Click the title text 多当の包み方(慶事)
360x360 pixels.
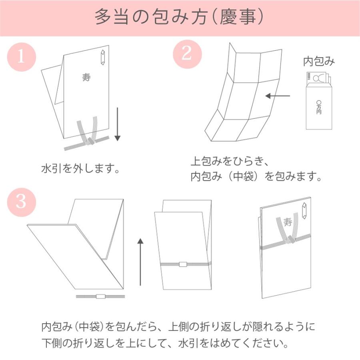(x=179, y=18)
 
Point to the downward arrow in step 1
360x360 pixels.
(x=117, y=124)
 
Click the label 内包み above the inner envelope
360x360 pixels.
(x=319, y=61)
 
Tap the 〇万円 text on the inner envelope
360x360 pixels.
(x=318, y=107)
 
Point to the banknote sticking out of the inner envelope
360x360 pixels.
(x=316, y=78)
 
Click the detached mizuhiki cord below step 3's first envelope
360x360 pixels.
(x=100, y=296)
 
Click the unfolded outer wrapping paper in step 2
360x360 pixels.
(x=240, y=96)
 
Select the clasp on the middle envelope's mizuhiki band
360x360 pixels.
(x=183, y=264)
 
